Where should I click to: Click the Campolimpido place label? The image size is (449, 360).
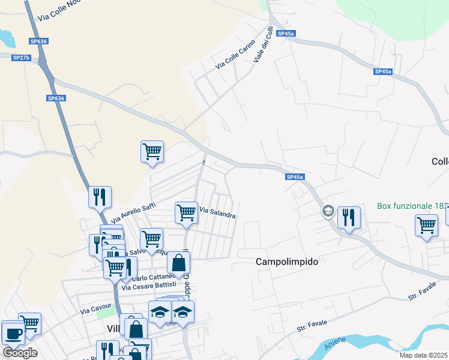pyautogui.click(x=286, y=262)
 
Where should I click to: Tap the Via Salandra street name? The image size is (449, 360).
pyautogui.click(x=217, y=212)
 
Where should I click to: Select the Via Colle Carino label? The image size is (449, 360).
pyautogui.click(x=236, y=54)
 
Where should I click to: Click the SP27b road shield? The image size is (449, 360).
pyautogui.click(x=21, y=57)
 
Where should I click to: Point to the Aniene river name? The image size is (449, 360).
pyautogui.click(x=336, y=344)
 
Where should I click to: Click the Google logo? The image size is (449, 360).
pyautogui.click(x=20, y=352)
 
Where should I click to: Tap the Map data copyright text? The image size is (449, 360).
pyautogui.click(x=423, y=355)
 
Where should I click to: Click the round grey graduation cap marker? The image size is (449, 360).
pyautogui.click(x=328, y=211)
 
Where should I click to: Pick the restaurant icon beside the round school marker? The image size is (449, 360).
pyautogui.click(x=349, y=217)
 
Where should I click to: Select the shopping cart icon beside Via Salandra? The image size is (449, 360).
pyautogui.click(x=186, y=212)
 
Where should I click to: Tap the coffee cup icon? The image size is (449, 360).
pyautogui.click(x=13, y=334)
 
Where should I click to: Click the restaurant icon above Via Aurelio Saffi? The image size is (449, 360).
pyautogui.click(x=100, y=196)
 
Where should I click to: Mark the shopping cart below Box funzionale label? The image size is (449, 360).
pyautogui.click(x=426, y=226)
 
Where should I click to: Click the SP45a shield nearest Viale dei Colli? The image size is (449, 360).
pyautogui.click(x=286, y=34)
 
